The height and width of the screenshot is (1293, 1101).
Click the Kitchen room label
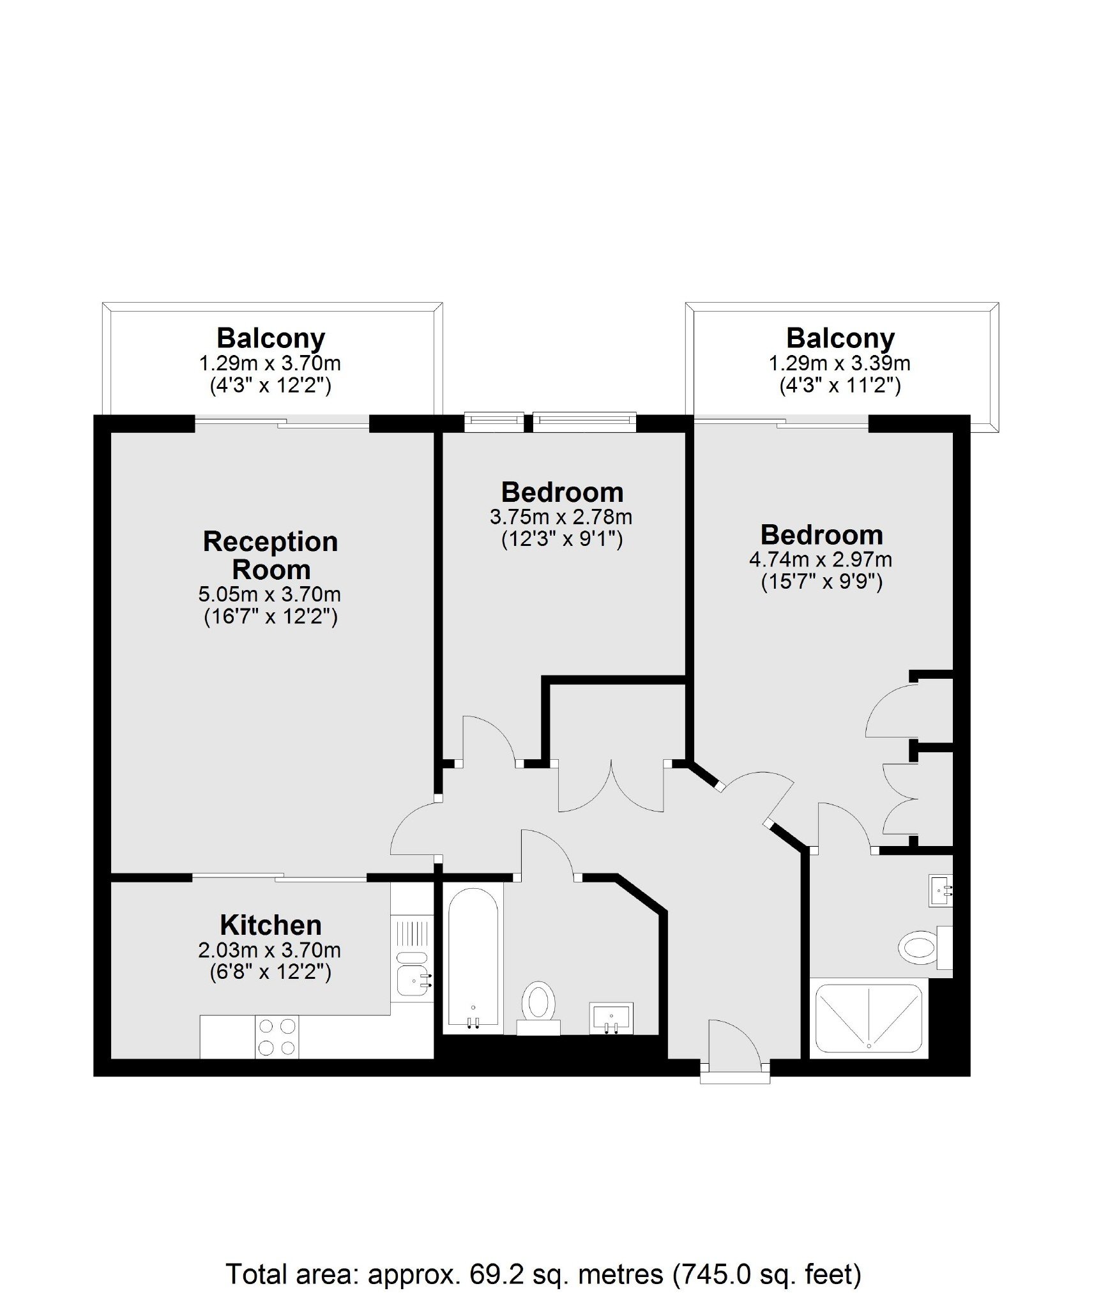tap(270, 925)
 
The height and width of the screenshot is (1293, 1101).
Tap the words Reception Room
tap(270, 556)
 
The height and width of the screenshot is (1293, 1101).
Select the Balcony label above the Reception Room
tap(271, 338)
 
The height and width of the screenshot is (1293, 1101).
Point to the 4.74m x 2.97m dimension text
tap(821, 559)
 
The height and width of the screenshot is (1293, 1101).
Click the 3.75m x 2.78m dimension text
tap(561, 517)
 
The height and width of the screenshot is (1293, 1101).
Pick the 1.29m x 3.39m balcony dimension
tap(839, 363)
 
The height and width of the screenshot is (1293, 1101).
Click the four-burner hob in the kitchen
tap(277, 1037)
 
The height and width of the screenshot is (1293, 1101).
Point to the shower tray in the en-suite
tap(869, 1018)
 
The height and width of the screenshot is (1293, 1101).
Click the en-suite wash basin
tap(941, 889)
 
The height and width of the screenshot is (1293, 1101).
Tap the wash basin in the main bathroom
tap(612, 1018)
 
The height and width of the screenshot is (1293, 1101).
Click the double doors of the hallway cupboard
tap(611, 787)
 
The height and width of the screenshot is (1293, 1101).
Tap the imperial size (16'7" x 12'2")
tap(270, 617)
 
